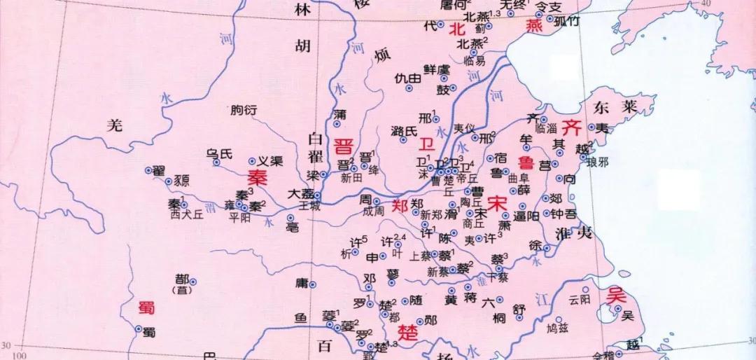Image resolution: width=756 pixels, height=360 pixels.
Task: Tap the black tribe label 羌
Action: coord(114,125)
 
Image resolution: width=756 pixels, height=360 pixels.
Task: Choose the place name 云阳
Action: coord(580,299)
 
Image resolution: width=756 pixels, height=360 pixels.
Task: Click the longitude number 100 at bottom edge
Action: coord(20,356)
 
